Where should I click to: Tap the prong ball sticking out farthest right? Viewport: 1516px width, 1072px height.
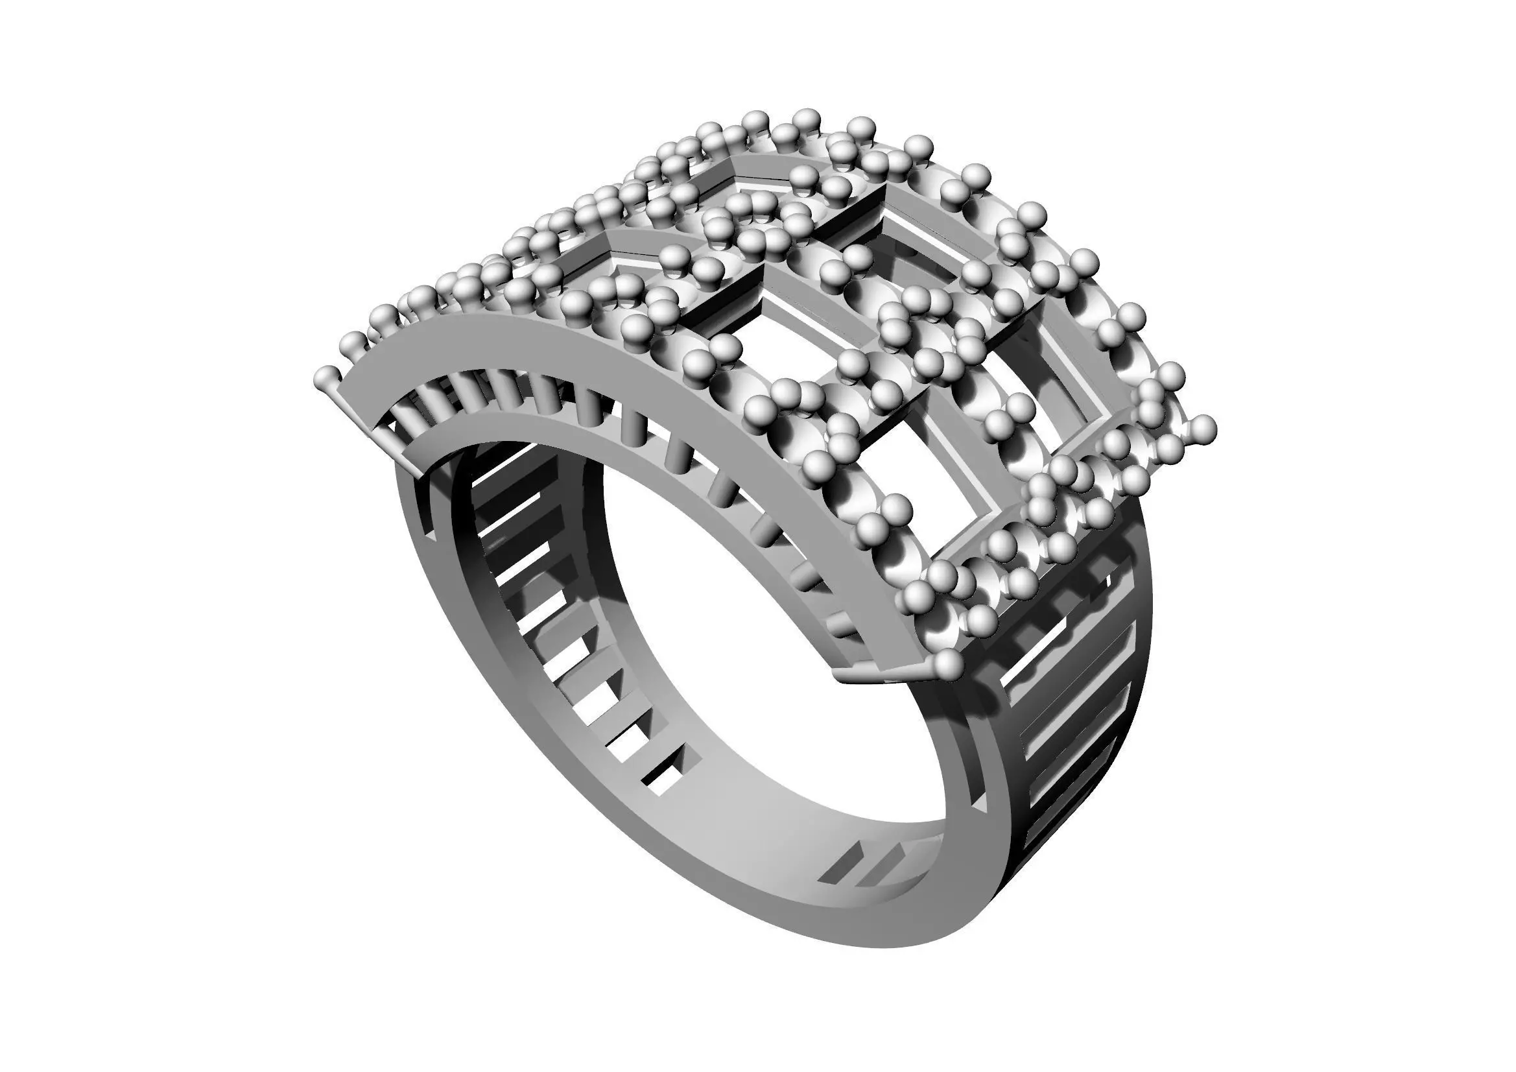pyautogui.click(x=1203, y=427)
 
